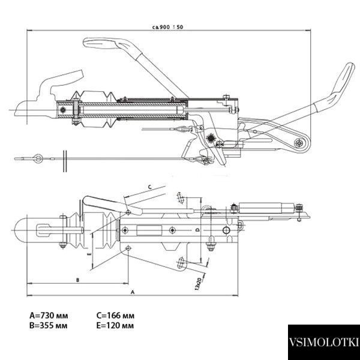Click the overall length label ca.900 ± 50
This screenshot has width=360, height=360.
(168, 27)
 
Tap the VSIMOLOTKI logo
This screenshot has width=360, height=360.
(324, 342)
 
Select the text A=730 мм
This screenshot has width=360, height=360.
(49, 316)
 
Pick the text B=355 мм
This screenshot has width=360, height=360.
(49, 326)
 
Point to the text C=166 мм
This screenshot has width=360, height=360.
(115, 316)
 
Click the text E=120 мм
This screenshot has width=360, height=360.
(115, 326)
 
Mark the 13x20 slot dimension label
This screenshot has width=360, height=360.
(198, 284)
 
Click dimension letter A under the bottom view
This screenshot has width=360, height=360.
(133, 292)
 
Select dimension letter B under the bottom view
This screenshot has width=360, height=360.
(77, 280)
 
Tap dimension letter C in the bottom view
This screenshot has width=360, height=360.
(149, 187)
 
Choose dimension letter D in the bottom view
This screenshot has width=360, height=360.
(197, 230)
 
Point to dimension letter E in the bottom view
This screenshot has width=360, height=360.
(89, 254)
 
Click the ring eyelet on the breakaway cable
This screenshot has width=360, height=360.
(38, 158)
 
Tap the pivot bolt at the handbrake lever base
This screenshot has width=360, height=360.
(299, 143)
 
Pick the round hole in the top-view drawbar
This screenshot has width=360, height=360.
(226, 230)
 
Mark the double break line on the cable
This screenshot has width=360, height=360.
(65, 161)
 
